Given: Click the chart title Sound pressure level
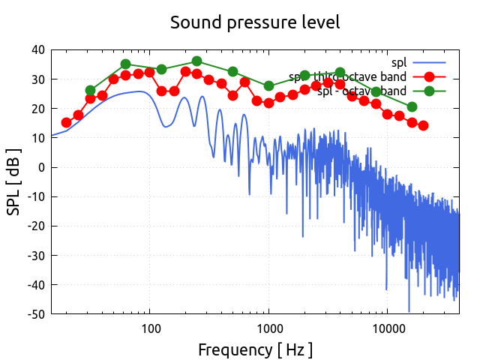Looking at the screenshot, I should [255, 22].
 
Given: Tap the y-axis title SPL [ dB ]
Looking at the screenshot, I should [14, 181].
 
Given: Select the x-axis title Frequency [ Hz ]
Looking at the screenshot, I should [255, 349].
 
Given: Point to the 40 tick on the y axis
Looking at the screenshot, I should [37, 50].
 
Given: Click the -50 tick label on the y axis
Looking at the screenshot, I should [34, 313].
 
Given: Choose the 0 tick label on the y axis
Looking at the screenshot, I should [41, 167].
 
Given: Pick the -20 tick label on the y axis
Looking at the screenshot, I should [34, 226].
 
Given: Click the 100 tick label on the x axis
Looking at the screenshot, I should [151, 328].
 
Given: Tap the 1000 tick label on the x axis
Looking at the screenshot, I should [269, 328].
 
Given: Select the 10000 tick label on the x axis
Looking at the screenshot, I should [388, 328].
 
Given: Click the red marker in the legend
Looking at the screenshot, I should [429, 76].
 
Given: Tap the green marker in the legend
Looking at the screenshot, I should [429, 91].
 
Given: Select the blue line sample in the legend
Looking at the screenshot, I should [429, 62].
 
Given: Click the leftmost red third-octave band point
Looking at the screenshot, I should [67, 122].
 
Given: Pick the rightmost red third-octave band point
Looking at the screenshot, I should [423, 125].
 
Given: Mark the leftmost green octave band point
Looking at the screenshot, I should [91, 91].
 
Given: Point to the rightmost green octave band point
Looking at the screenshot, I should [412, 106].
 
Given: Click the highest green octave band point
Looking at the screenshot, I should [196, 61].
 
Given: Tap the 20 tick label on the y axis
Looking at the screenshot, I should [37, 109].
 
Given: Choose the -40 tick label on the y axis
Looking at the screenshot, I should [34, 284].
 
